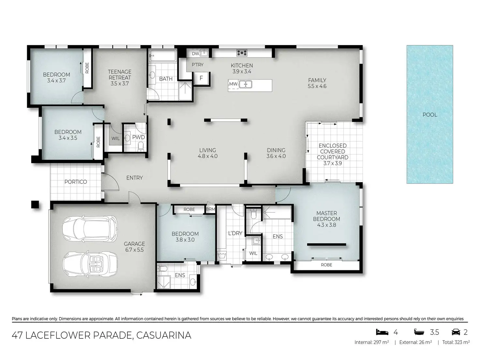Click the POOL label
pyautogui.click(x=430, y=115)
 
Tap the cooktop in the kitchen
pyautogui.click(x=242, y=52)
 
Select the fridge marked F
pyautogui.click(x=202, y=78)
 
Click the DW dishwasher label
pyautogui.click(x=196, y=53)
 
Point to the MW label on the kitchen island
pyautogui.click(x=233, y=84)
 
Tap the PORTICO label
pyautogui.click(x=76, y=182)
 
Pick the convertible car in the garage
pyautogui.click(x=90, y=264)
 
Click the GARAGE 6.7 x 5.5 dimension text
pyautogui.click(x=134, y=250)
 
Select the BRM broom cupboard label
pyautogui.click(x=211, y=209)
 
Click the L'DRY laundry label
pyautogui.click(x=235, y=233)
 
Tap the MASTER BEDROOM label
pyautogui.click(x=326, y=216)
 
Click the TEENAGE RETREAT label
pyautogui.click(x=120, y=75)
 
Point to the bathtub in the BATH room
pyautogui.click(x=163, y=55)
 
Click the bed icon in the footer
pyautogui.click(x=382, y=332)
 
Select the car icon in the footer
pyautogui.click(x=456, y=332)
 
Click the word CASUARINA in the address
pyautogui.click(x=164, y=335)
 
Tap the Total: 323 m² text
pyautogui.click(x=456, y=342)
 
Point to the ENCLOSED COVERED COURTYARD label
pyautogui.click(x=332, y=152)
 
